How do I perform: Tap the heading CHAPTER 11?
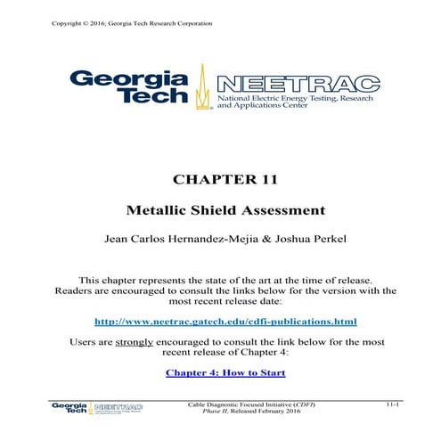(x=220, y=179)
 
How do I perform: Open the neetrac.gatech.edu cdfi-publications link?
(x=220, y=320)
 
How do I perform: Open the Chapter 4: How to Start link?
(x=220, y=372)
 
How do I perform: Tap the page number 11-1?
(x=394, y=404)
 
